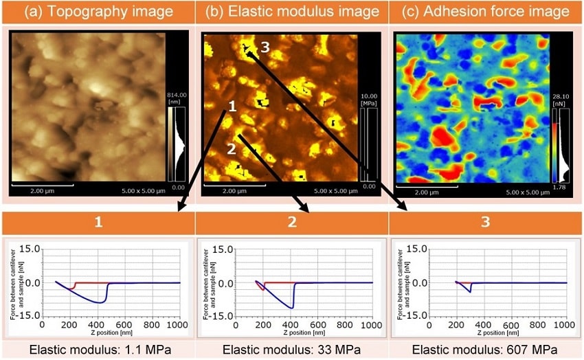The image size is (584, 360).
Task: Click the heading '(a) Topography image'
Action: tap(96, 12)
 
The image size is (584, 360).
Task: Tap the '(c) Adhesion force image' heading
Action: tap(486, 12)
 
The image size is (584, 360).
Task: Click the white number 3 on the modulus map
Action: tap(254, 46)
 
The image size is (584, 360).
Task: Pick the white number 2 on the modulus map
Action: tap(231, 148)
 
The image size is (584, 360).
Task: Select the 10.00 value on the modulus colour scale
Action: tap(370, 95)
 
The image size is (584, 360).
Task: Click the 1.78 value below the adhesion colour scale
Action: tap(563, 186)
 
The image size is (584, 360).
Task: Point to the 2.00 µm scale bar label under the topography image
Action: tap(41, 192)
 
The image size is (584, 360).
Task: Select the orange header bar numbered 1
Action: tap(98, 223)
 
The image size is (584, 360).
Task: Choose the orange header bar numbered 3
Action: tap(486, 223)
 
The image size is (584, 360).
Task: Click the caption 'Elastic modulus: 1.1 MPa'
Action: tap(98, 349)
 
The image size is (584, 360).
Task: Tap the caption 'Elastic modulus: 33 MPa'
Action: tap(291, 349)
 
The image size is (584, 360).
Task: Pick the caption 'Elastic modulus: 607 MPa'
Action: tap(486, 349)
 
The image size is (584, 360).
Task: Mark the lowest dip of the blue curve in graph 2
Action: tap(291, 307)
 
